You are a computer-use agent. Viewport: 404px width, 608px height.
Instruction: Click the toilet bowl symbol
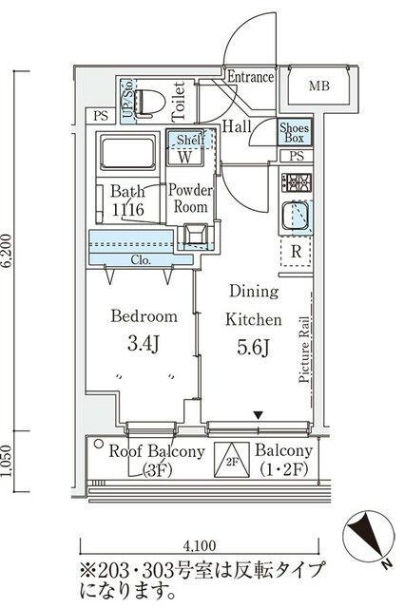(x=149, y=103)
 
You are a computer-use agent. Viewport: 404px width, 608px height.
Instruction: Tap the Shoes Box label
(x=295, y=133)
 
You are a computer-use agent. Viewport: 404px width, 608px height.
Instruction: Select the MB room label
(x=319, y=85)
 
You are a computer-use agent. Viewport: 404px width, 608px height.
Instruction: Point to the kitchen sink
(x=297, y=216)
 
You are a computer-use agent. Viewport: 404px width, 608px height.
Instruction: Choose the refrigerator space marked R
(x=297, y=251)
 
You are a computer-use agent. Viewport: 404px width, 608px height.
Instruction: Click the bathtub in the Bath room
(x=128, y=152)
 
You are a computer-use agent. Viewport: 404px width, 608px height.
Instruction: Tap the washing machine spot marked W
(x=185, y=157)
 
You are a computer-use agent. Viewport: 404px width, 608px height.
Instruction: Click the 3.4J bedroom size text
(x=144, y=344)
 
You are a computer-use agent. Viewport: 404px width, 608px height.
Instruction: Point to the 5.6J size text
(x=253, y=348)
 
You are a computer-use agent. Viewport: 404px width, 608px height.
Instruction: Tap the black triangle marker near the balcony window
(x=259, y=415)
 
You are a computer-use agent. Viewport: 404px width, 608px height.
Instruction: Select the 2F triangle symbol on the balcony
(x=232, y=460)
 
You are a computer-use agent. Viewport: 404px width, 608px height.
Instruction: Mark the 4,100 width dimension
(x=199, y=546)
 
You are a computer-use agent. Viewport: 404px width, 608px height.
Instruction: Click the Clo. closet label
(x=141, y=259)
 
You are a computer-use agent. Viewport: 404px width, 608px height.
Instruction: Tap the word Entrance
(x=251, y=77)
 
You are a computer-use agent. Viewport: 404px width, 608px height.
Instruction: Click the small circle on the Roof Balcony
(x=99, y=444)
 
